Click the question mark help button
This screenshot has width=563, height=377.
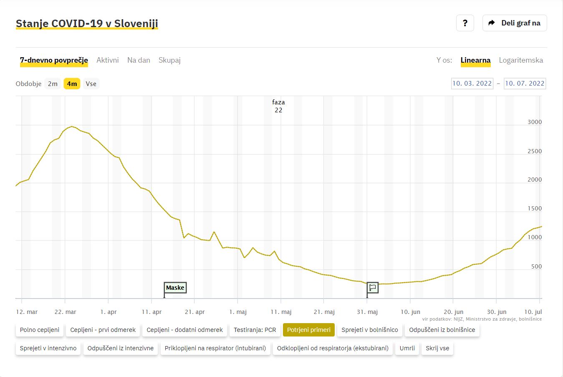pyautogui.click(x=465, y=23)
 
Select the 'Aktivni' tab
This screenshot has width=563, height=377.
pyautogui.click(x=108, y=60)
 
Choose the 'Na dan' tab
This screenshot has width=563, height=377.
pyautogui.click(x=139, y=60)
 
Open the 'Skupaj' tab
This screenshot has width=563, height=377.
pyautogui.click(x=169, y=60)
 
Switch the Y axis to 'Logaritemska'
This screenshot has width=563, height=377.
pyautogui.click(x=521, y=60)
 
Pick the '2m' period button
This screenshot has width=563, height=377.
pyautogui.click(x=53, y=83)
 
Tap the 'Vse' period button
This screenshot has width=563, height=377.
pyautogui.click(x=91, y=83)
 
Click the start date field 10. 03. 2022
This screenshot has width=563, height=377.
pyautogui.click(x=472, y=83)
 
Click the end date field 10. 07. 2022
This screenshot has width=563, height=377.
pyautogui.click(x=525, y=83)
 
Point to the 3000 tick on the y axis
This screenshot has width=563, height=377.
pyautogui.click(x=535, y=122)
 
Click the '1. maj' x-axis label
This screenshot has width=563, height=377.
pyautogui.click(x=238, y=312)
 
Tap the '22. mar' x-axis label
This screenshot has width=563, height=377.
pyautogui.click(x=65, y=312)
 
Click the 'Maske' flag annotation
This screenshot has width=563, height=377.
pyautogui.click(x=175, y=288)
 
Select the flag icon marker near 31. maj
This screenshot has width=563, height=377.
pyautogui.click(x=373, y=288)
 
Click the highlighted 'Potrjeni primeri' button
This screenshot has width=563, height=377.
pyautogui.click(x=309, y=330)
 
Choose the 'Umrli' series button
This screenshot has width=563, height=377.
pyautogui.click(x=407, y=348)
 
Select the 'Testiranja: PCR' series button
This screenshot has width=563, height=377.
pyautogui.click(x=255, y=330)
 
